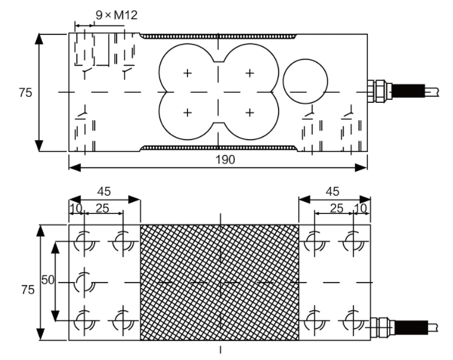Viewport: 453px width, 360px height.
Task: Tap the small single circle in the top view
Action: pos(306,82)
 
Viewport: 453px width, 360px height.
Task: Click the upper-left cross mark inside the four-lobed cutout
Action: pos(187,73)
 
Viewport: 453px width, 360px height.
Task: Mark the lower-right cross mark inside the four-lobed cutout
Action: pos(250,112)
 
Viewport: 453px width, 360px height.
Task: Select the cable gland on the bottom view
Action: pos(381,326)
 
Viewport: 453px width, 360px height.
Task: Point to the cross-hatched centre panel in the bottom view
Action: pos(219,282)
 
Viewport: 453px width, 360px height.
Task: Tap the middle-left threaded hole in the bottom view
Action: pos(85,282)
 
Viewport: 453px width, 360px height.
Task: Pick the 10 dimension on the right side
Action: pos(361,207)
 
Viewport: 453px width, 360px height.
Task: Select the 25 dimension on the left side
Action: pos(102,207)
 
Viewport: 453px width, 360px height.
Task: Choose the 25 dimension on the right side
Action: pos(336,207)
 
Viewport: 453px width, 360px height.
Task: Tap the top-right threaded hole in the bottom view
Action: pos(353,242)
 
